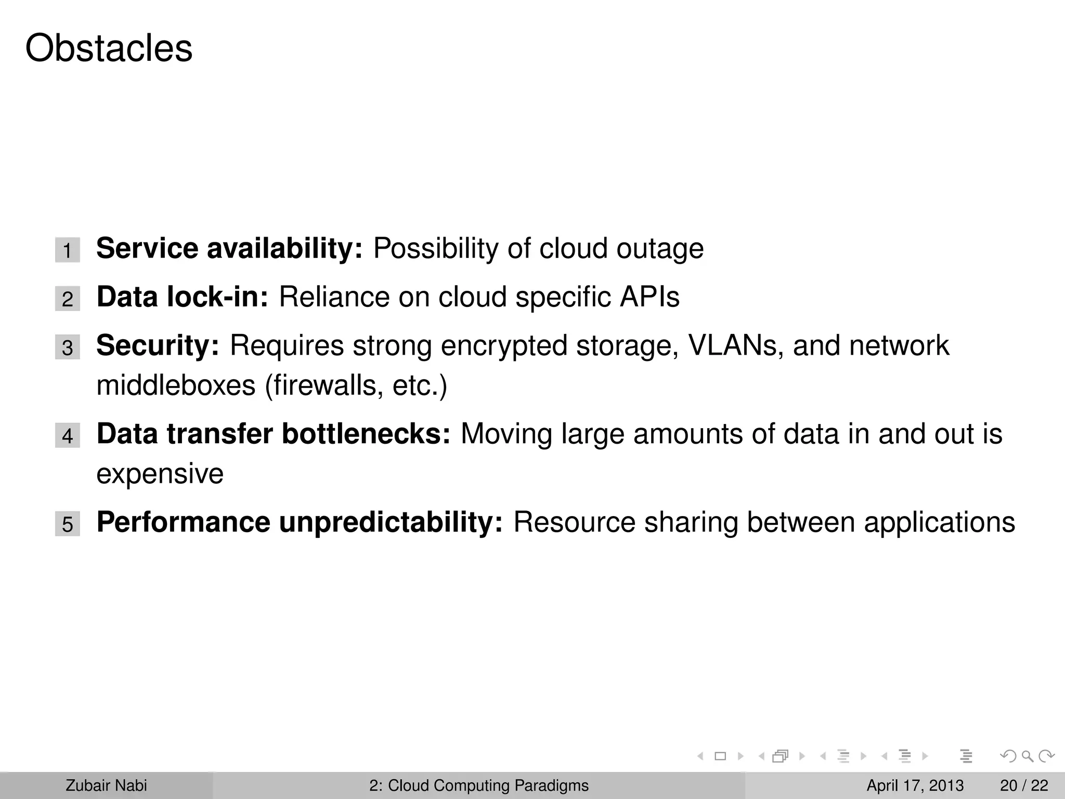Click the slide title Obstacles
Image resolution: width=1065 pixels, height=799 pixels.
point(109,48)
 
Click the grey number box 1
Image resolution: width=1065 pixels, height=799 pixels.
point(68,250)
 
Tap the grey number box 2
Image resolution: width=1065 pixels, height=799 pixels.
point(68,299)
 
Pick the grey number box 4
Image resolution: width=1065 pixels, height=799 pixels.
point(68,435)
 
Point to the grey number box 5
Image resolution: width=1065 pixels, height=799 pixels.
point(68,524)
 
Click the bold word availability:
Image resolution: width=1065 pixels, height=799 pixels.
point(284,248)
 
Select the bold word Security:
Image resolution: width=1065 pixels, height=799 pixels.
point(158,346)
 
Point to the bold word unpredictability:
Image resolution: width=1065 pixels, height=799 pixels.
point(391,522)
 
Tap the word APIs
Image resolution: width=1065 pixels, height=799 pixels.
point(649,297)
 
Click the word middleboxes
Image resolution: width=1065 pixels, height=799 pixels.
point(176,385)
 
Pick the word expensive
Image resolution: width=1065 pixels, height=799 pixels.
point(160,474)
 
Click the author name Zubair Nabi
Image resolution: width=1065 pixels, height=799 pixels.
point(106,785)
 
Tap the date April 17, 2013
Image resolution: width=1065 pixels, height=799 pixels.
point(915,785)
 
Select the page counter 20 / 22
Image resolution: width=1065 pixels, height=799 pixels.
point(1024,785)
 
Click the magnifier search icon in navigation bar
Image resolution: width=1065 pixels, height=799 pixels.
point(1027,756)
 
